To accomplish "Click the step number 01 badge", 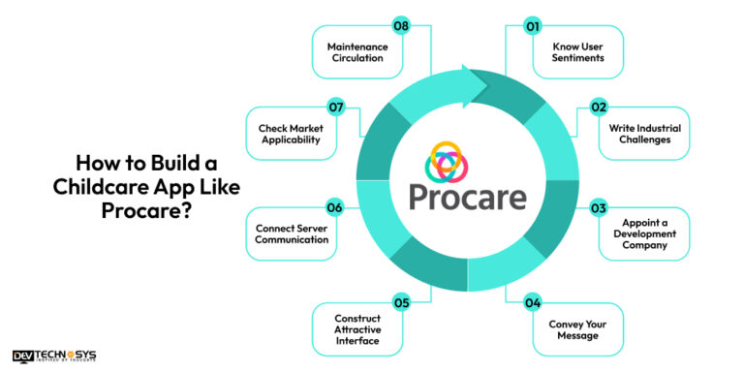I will click(532, 27).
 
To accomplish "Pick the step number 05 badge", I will click(400, 303).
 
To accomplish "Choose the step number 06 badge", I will click(334, 208).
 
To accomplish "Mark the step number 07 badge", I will click(334, 107).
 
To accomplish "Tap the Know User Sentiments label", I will click(580, 52).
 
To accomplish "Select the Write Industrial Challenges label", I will click(646, 133).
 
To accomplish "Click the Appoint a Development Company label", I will click(645, 233).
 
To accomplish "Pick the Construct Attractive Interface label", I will click(357, 330).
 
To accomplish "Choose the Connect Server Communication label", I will click(292, 233).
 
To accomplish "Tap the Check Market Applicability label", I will click(292, 133).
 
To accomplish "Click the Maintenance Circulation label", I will click(357, 52).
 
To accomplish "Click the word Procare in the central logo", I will click(467, 197).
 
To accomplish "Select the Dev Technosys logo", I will click(54, 356).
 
